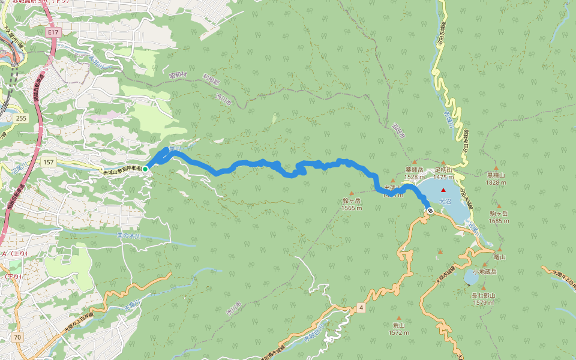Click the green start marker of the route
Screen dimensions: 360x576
pyautogui.click(x=145, y=169)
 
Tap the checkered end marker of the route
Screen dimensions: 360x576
pyautogui.click(x=430, y=210)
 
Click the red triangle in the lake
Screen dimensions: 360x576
pyautogui.click(x=443, y=190)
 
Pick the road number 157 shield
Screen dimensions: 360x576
pyautogui.click(x=49, y=163)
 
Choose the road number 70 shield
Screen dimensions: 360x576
pyautogui.click(x=18, y=337)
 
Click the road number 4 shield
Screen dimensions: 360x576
pyautogui.click(x=361, y=308)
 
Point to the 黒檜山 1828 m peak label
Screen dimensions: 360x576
pyautogui.click(x=496, y=179)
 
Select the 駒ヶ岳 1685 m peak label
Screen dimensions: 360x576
pyautogui.click(x=499, y=217)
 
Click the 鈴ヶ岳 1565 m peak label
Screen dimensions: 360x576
pyautogui.click(x=352, y=204)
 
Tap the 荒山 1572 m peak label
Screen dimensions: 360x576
pyautogui.click(x=398, y=329)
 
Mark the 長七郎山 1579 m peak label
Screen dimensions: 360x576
pyautogui.click(x=483, y=298)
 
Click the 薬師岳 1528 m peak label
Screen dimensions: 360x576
pyautogui.click(x=414, y=173)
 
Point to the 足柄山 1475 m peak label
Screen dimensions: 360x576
pyautogui.click(x=443, y=173)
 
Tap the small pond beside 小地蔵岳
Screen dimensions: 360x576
pyautogui.click(x=471, y=277)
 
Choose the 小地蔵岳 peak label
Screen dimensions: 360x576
pyautogui.click(x=484, y=272)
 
